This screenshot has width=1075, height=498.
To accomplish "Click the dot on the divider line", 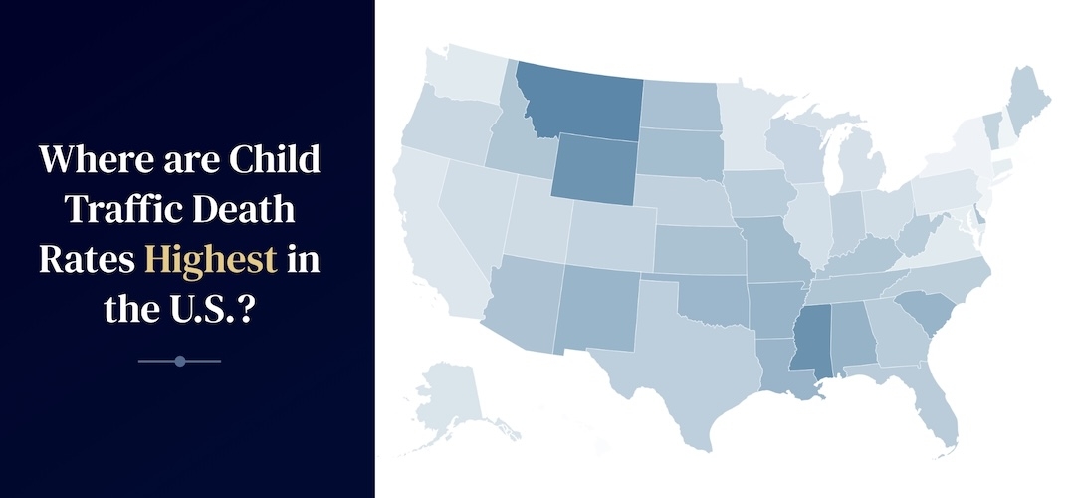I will pyautogui.click(x=180, y=361).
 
